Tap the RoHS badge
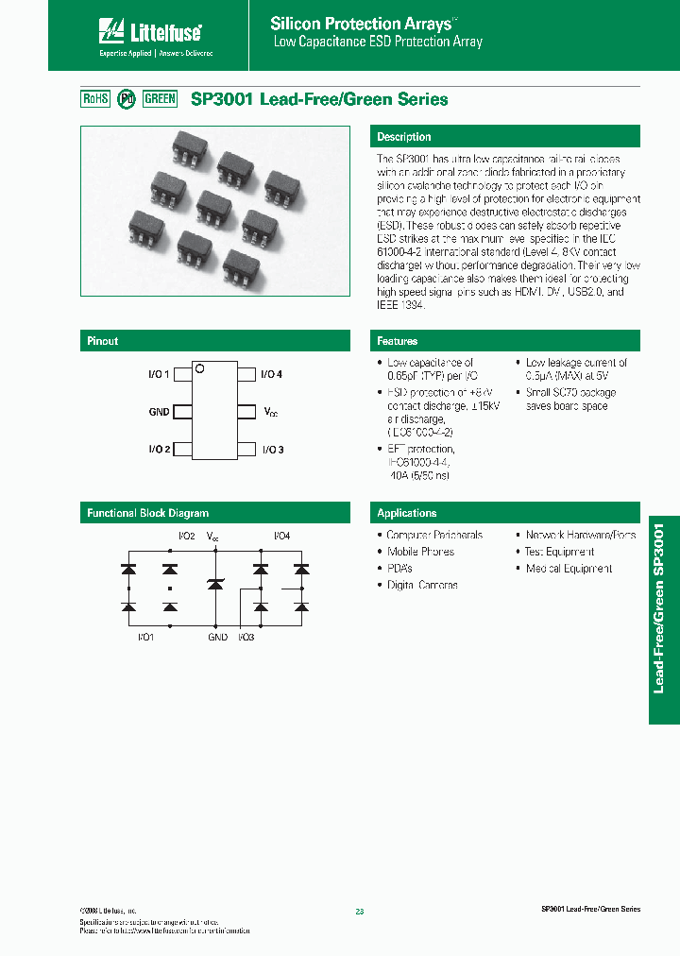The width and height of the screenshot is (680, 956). pyautogui.click(x=96, y=99)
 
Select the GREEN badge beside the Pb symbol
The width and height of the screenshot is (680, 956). pyautogui.click(x=160, y=99)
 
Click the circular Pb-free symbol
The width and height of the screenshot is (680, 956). pyautogui.click(x=126, y=99)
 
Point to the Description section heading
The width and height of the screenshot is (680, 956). pyautogui.click(x=404, y=137)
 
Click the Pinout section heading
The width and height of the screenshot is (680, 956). pyautogui.click(x=103, y=341)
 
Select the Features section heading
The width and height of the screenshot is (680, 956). pyautogui.click(x=397, y=341)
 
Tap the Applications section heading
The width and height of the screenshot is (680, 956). pyautogui.click(x=407, y=513)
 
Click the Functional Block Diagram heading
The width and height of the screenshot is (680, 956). pyautogui.click(x=148, y=513)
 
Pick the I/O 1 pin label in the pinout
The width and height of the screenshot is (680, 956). pyautogui.click(x=159, y=375)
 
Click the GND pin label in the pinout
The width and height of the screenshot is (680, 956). pyautogui.click(x=159, y=412)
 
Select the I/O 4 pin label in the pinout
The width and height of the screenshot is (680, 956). pyautogui.click(x=272, y=375)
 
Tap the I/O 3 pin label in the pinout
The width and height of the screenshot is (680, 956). pyautogui.click(x=272, y=449)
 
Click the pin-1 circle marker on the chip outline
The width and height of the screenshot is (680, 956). pyautogui.click(x=200, y=369)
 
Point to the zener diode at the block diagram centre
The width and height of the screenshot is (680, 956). pyautogui.click(x=214, y=586)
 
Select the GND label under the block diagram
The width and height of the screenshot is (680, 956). pyautogui.click(x=218, y=638)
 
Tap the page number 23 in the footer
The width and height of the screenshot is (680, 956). pyautogui.click(x=359, y=912)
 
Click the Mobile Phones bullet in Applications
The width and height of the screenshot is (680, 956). pyautogui.click(x=420, y=552)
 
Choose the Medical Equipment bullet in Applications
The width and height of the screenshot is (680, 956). pyautogui.click(x=569, y=569)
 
